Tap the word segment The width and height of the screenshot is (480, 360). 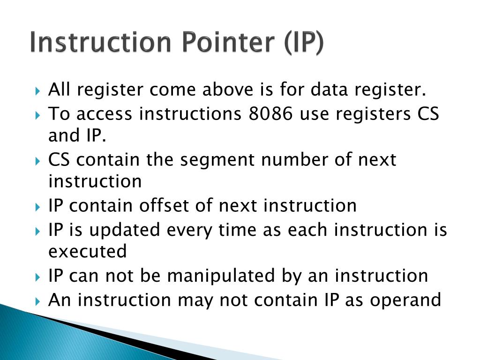(219, 160)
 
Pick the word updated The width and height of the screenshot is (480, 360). (122, 230)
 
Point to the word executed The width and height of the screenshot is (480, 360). (88, 252)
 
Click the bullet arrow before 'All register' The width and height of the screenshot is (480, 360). (38, 90)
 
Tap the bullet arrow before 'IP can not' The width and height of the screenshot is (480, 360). (38, 276)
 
